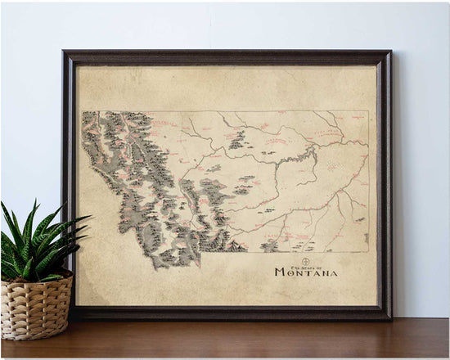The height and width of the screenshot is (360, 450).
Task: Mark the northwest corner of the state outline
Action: click(x=83, y=112)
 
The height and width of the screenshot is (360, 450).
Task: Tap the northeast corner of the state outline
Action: click(x=367, y=111)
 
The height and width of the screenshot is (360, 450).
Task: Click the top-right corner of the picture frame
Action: click(x=391, y=52)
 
